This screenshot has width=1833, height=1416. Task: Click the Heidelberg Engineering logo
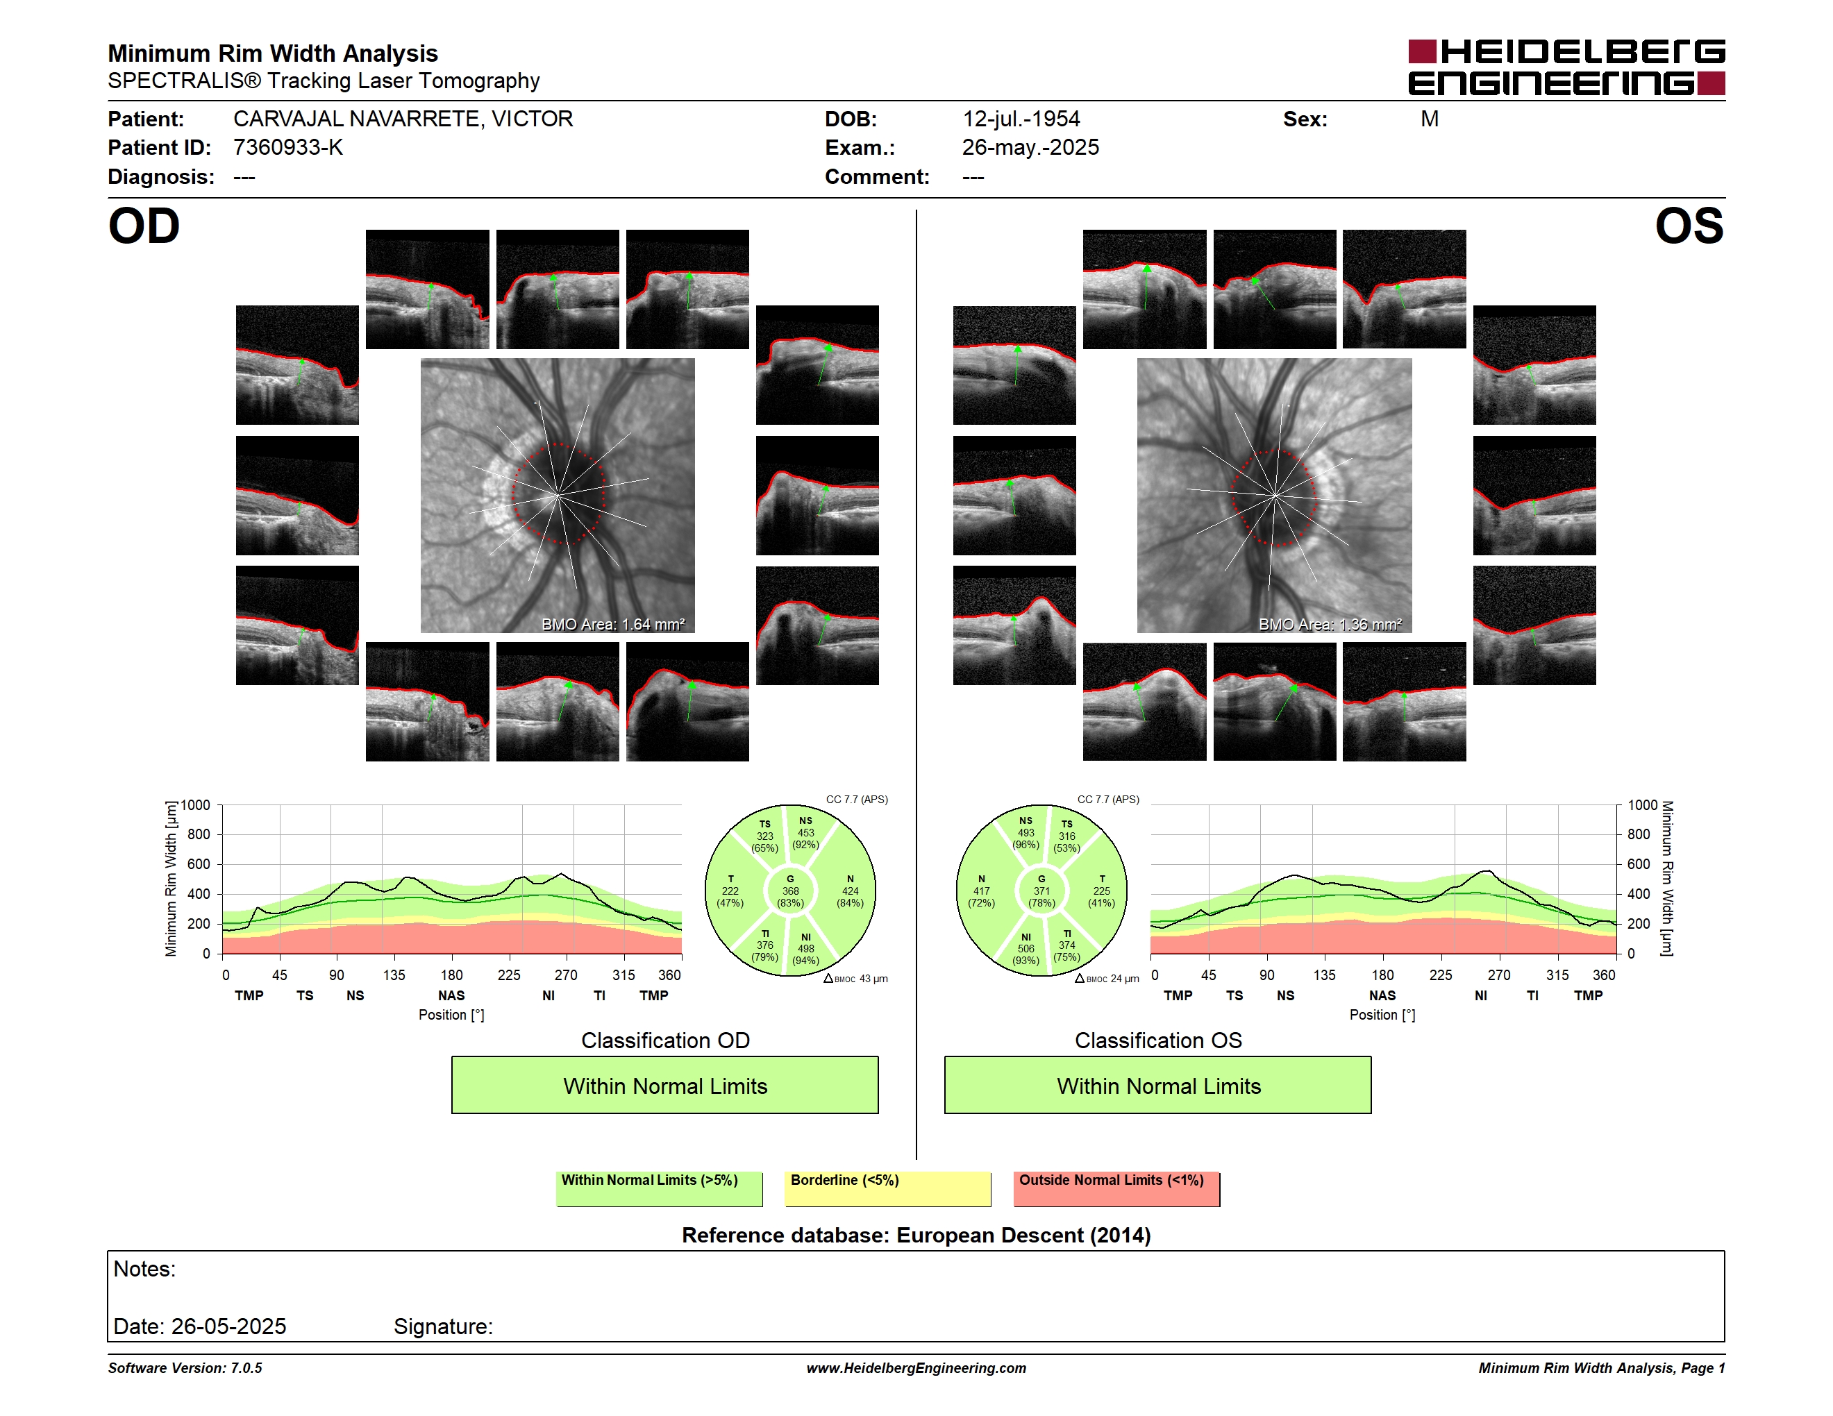(x=1566, y=67)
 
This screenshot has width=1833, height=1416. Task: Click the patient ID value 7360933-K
(x=288, y=148)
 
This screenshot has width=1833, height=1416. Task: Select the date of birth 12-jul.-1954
(x=1021, y=119)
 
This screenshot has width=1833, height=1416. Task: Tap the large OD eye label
(x=144, y=226)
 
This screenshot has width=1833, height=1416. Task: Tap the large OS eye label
(x=1689, y=226)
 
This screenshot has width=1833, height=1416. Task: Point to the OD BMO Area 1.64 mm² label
(x=612, y=624)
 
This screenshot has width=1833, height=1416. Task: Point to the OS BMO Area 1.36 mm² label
(x=1330, y=624)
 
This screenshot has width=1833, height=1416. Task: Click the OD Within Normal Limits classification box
(x=664, y=1085)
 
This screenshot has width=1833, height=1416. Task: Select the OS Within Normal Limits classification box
(x=1158, y=1085)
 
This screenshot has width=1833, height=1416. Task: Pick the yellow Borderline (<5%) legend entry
(x=888, y=1188)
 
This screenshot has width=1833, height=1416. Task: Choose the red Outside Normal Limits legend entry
(x=1116, y=1188)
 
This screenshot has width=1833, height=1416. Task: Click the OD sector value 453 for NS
(x=805, y=833)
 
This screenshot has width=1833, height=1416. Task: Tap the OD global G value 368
(x=789, y=891)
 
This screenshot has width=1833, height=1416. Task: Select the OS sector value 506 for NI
(x=1026, y=949)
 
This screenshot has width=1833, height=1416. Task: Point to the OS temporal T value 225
(x=1101, y=891)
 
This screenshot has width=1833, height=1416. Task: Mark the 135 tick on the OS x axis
(x=1324, y=975)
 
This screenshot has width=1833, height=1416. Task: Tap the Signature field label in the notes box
(x=443, y=1326)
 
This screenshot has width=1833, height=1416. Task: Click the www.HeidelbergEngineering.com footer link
(x=916, y=1368)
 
